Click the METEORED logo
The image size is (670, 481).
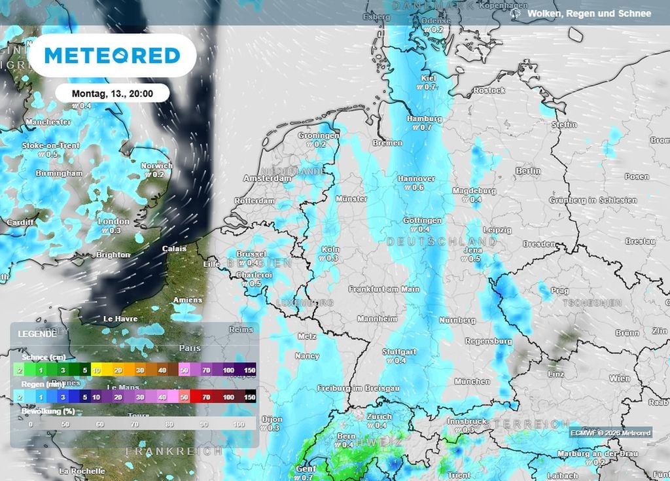tap(112, 56)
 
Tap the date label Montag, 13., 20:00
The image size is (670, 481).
tap(112, 94)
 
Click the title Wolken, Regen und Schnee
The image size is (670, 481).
tap(589, 13)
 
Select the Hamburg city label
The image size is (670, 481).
tap(425, 119)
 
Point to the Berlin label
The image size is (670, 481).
tap(528, 171)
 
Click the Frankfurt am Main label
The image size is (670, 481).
tap(384, 289)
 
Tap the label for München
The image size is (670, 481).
tap(472, 381)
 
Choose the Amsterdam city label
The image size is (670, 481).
tap(267, 178)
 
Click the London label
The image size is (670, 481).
tap(113, 222)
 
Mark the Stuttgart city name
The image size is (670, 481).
tap(399, 351)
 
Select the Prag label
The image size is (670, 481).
tap(561, 291)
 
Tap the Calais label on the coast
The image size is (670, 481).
tap(174, 249)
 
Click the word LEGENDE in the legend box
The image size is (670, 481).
tap(37, 334)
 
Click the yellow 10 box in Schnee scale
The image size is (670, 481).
tap(96, 370)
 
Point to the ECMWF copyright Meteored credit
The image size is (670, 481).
tap(610, 433)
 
